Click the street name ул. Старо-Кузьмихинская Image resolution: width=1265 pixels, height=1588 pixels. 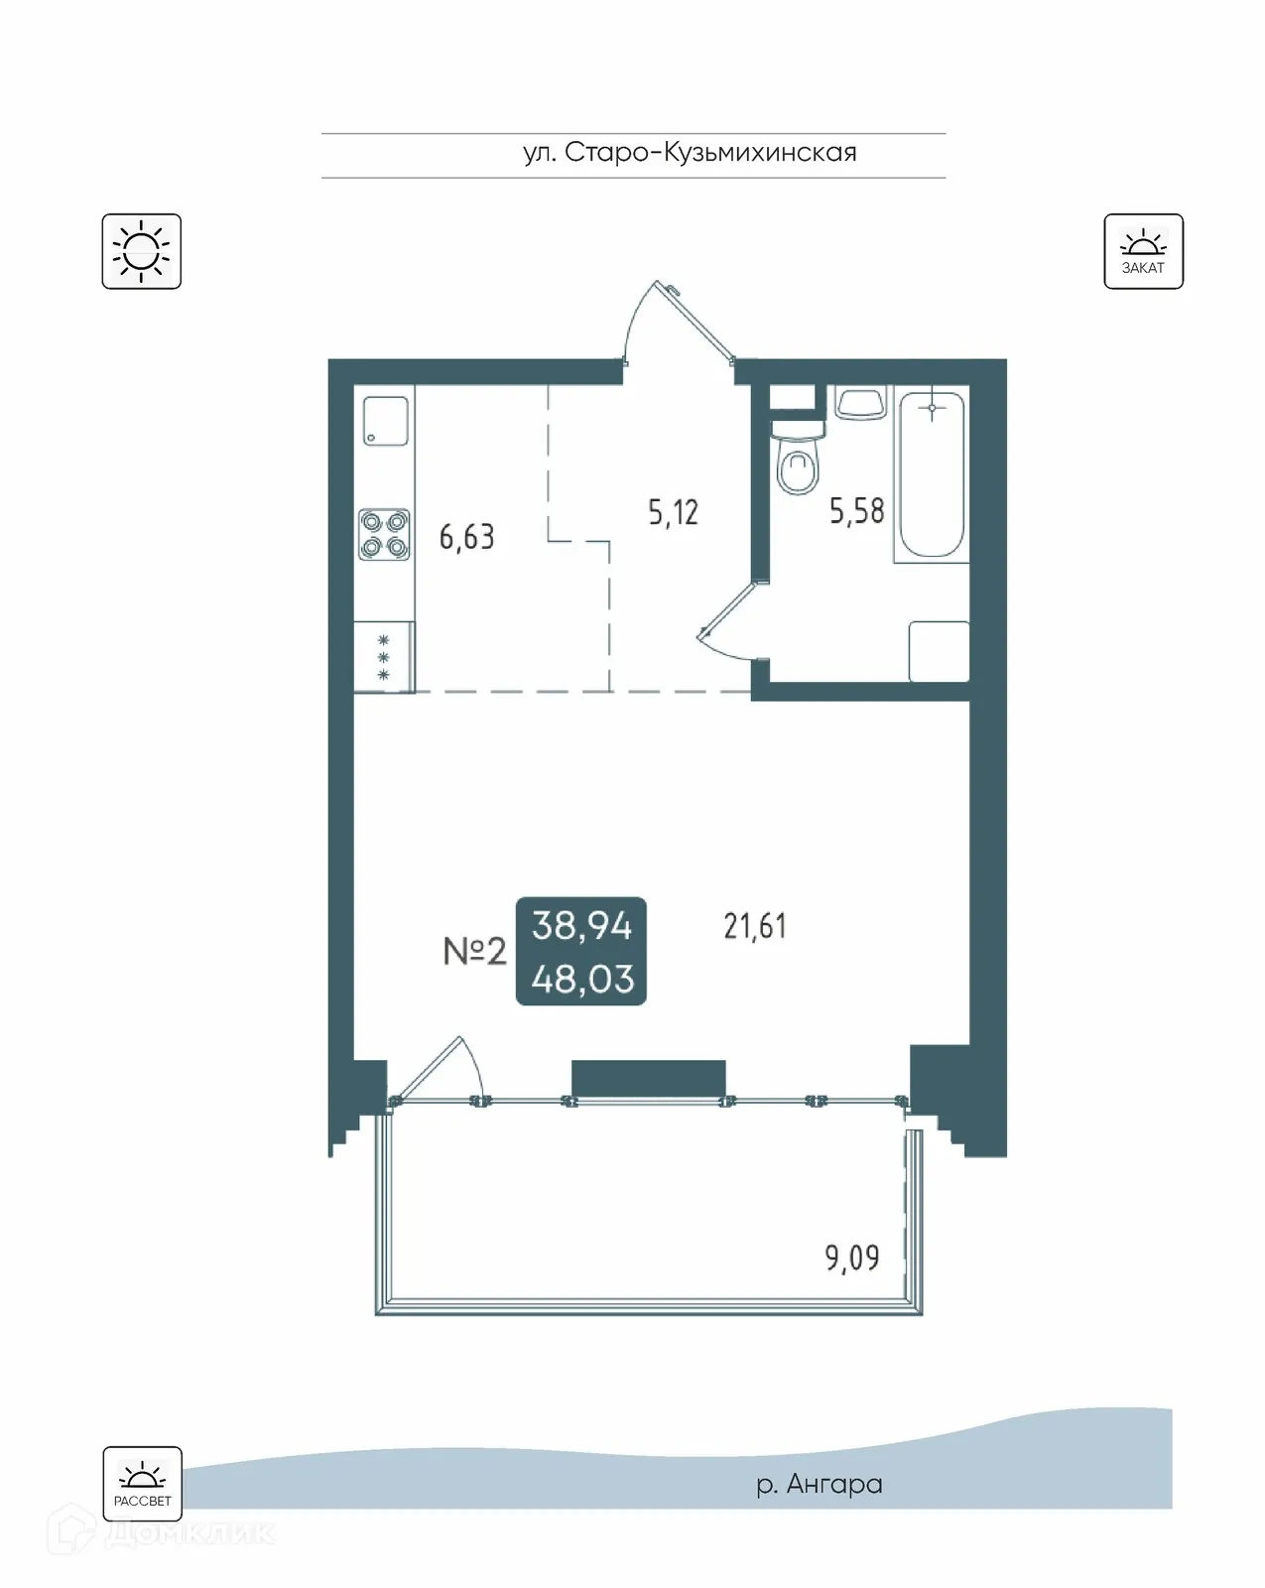coord(690,153)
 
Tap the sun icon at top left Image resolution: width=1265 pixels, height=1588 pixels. coord(141,251)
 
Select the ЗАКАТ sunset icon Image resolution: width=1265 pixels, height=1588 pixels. coord(1143,251)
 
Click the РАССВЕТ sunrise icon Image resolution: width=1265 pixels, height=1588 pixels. coord(142,1483)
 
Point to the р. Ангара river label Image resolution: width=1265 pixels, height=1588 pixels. coord(819,1485)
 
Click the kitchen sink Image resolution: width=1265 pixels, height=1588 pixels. coord(385,420)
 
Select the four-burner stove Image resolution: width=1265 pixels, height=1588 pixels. coord(384,534)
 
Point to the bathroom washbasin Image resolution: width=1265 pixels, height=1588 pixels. coord(860,403)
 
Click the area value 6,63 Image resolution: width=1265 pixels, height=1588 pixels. coord(466,537)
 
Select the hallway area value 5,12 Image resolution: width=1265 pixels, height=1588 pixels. coord(673,512)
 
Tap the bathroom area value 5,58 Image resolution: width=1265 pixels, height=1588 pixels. coord(856,511)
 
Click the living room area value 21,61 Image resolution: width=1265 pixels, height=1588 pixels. coord(755,926)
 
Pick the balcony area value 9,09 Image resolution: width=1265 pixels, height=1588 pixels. coord(851,1258)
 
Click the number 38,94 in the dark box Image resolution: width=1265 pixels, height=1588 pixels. coord(581,926)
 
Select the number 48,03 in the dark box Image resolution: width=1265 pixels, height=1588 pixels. coord(582,980)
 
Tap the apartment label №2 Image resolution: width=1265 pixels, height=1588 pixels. coord(474,952)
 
